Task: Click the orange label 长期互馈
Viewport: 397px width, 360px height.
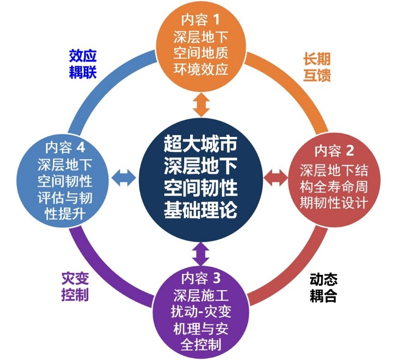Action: tap(317, 67)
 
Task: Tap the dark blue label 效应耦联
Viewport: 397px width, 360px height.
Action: tap(83, 64)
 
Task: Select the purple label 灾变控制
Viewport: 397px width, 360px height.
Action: tap(75, 286)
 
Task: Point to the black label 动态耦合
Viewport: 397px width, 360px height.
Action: tap(323, 288)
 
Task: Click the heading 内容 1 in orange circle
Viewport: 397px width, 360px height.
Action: tap(200, 20)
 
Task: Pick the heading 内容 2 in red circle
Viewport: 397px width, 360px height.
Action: tap(334, 151)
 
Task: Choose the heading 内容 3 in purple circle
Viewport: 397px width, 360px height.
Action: tap(201, 278)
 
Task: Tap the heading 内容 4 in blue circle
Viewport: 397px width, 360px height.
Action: tap(65, 147)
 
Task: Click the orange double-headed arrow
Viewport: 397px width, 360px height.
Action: tap(201, 105)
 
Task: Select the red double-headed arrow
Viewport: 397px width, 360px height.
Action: tap(276, 178)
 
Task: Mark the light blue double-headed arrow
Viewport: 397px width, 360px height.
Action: tap(124, 178)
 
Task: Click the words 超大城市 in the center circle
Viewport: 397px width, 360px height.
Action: tap(200, 143)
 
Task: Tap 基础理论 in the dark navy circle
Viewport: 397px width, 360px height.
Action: tap(200, 210)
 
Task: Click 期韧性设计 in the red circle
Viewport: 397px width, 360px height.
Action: tap(334, 203)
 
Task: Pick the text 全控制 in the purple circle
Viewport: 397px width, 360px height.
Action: tap(201, 344)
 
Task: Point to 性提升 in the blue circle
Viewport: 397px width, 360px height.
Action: tap(65, 214)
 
